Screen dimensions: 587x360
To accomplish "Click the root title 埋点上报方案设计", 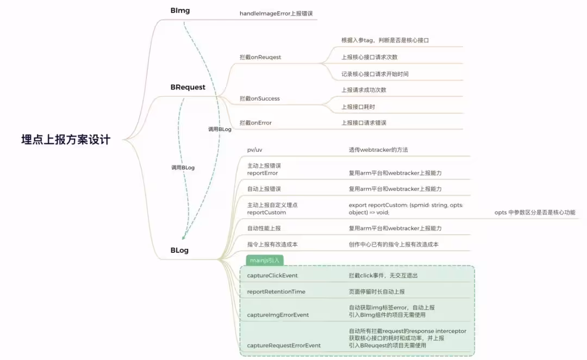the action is (66, 140).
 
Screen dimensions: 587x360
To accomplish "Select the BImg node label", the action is (180, 10).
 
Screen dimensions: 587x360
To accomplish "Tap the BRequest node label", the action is (188, 87).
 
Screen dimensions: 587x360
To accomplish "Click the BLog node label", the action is (179, 250).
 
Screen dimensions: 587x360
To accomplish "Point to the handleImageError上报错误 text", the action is (276, 14).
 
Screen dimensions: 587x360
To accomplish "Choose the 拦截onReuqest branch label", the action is (260, 57).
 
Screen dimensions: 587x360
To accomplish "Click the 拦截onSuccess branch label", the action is (260, 98).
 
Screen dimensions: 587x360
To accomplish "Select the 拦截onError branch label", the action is (255, 122).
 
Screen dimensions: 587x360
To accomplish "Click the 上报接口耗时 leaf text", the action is (358, 107).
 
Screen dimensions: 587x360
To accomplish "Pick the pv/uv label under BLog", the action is (254, 150).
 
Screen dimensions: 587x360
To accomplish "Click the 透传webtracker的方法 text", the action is (378, 150).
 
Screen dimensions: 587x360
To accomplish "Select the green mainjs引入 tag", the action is (265, 260).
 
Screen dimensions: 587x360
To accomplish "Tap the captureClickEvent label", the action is (272, 275).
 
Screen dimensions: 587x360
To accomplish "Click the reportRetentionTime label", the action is (276, 291).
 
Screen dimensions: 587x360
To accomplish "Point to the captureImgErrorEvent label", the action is (278, 315).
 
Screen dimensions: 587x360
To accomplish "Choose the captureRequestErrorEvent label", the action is (284, 345).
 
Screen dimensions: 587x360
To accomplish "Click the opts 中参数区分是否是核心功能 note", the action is (535, 213).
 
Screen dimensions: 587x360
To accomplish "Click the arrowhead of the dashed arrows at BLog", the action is (184, 238).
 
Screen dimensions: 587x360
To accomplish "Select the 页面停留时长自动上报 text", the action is (377, 291).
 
